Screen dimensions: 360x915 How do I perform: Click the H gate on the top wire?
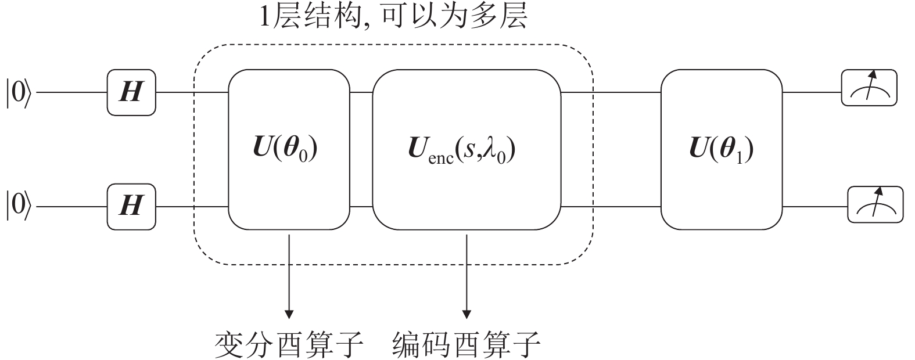(x=131, y=92)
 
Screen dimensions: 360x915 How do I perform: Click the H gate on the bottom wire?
(x=131, y=206)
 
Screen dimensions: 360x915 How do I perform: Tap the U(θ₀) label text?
(x=288, y=150)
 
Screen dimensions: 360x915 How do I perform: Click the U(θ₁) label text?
(x=722, y=150)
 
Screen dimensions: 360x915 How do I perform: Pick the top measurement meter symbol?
(x=869, y=88)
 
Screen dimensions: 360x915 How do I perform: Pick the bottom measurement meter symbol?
(x=875, y=204)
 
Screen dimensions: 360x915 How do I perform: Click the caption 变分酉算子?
(x=289, y=345)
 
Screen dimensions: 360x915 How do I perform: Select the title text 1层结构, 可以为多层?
(x=393, y=17)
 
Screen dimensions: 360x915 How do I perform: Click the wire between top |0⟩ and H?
(x=71, y=92)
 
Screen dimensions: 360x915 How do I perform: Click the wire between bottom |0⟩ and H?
(x=71, y=207)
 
